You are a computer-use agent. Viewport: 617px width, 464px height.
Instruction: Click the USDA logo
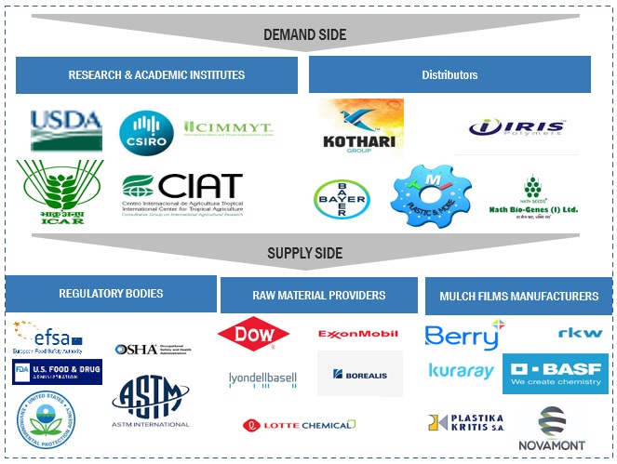pos(66,130)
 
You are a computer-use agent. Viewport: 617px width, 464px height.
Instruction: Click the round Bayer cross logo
pos(342,196)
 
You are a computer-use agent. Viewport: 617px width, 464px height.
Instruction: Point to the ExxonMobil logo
pos(357,334)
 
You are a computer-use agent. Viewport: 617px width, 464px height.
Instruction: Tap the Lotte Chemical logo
pos(300,425)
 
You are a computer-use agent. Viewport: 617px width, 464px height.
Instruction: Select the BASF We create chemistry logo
pos(556,374)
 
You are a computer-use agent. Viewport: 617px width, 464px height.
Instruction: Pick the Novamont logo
pos(551,429)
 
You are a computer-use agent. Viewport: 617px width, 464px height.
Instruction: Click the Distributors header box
pos(449,74)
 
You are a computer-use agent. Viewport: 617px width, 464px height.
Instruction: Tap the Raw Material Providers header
pos(318,295)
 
